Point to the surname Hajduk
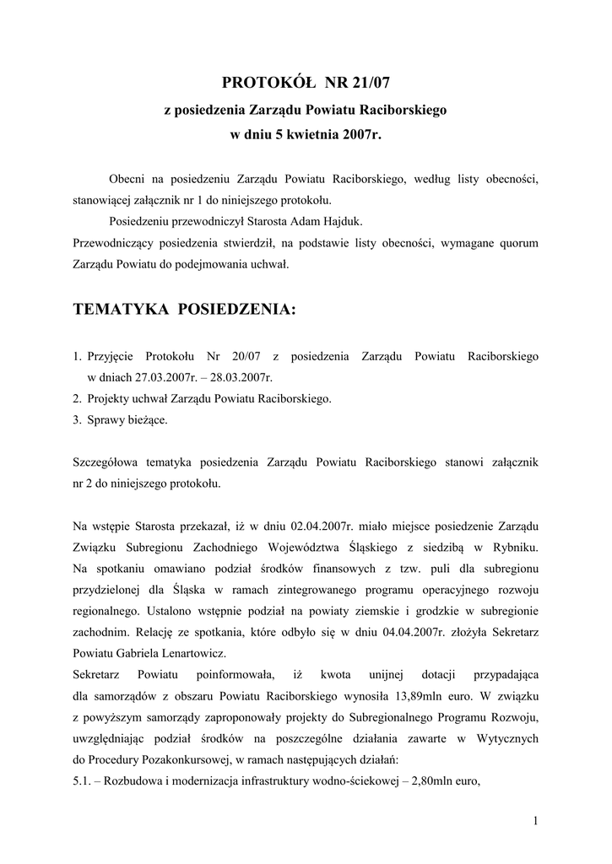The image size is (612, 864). point(343,222)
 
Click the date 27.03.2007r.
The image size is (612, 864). point(153,378)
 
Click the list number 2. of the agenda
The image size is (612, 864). point(77,398)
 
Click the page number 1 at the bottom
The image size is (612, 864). point(535,821)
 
